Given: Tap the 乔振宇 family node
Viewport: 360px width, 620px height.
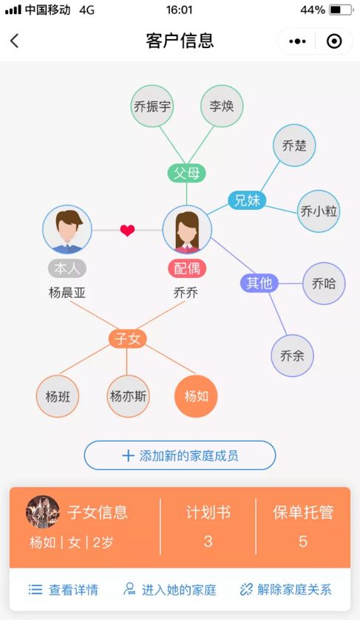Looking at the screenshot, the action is [152, 106].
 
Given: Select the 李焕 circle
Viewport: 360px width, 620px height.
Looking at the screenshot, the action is [222, 106].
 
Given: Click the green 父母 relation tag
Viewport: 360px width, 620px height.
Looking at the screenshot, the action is [186, 173].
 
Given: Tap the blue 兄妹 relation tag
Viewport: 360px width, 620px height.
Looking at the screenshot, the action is [247, 200].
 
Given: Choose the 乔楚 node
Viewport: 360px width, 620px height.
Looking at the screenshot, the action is [294, 146].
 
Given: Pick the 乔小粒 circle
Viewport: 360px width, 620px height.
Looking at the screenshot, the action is [319, 211].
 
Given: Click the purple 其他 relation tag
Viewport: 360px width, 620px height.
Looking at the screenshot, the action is [259, 283].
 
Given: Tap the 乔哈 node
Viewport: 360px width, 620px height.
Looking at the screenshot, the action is [324, 283].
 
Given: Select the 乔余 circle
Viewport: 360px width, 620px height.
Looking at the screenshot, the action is [292, 355].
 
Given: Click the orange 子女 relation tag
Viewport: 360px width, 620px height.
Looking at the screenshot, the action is [127, 338].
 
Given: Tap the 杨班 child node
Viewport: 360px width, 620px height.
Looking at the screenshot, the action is [58, 396].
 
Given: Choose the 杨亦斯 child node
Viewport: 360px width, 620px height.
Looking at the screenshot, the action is [128, 396].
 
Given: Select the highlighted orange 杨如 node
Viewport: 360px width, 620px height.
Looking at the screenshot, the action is [196, 396].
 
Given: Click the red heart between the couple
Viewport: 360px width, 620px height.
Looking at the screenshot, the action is [127, 230].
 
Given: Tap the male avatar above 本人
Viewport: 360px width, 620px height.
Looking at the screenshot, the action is [67, 229].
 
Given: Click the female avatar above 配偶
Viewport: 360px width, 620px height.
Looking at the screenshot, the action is [187, 229].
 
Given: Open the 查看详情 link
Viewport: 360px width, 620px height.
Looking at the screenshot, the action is [64, 590].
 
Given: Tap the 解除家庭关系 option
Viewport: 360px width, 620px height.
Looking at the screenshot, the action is [285, 590].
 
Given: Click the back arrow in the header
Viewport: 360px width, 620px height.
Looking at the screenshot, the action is [15, 41].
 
